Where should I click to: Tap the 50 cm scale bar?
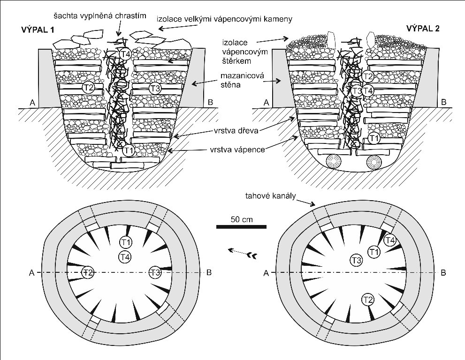tap(241, 227)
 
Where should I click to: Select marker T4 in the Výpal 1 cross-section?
tap(125, 53)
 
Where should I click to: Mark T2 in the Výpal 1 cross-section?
tap(88, 87)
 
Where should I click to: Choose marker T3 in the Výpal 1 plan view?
tap(155, 272)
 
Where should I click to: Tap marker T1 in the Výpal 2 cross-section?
tap(374, 138)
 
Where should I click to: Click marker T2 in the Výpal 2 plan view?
tap(367, 300)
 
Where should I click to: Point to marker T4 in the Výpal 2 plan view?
tap(389, 240)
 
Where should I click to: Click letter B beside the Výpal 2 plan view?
tap(442, 272)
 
